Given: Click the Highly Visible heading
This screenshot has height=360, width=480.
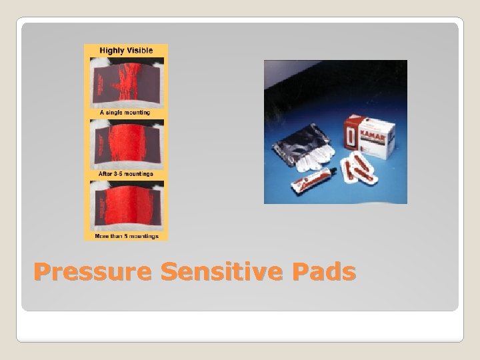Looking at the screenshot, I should tap(126, 51).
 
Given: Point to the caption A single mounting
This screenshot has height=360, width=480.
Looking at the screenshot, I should tap(125, 113).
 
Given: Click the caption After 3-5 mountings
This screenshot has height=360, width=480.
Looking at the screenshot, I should tap(126, 174).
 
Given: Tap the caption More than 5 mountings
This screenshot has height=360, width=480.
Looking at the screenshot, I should tap(126, 236).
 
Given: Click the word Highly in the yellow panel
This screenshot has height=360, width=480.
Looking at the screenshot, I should tap(113, 51).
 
